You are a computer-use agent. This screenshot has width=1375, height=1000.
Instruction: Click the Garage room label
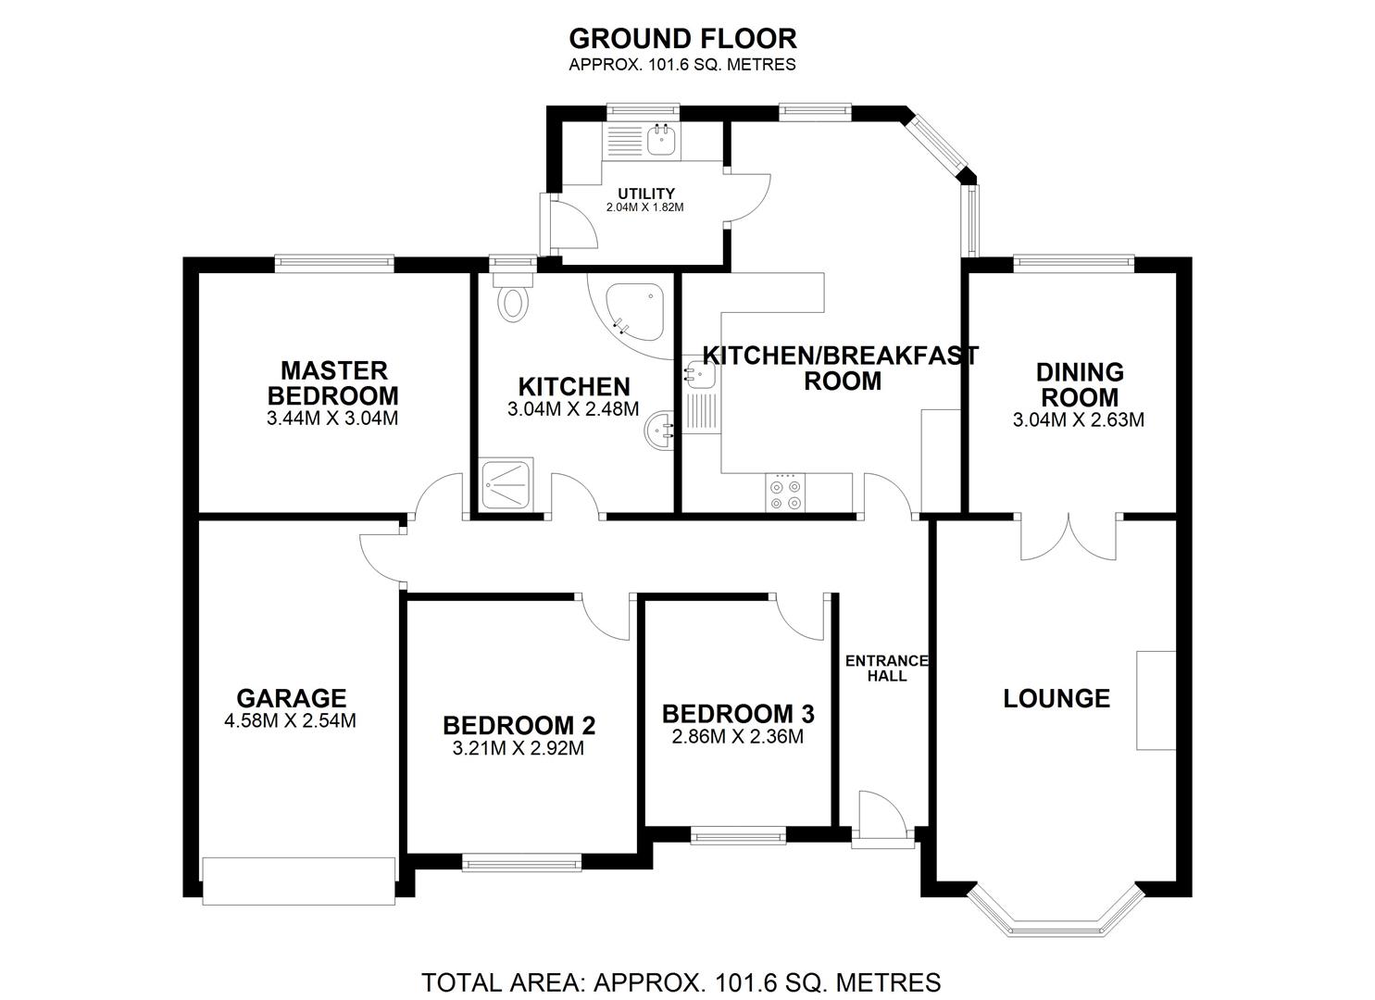291,697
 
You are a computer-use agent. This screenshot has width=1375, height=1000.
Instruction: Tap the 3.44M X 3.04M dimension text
332,419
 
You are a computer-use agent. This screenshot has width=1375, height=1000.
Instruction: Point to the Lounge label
1056,698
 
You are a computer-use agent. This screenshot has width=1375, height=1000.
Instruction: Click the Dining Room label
1080,384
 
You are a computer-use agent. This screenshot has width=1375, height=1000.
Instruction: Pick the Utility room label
646,194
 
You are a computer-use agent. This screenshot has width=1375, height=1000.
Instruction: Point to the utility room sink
661,141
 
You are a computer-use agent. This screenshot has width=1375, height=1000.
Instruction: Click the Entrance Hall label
886,668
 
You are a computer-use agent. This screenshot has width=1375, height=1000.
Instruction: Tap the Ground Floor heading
682,39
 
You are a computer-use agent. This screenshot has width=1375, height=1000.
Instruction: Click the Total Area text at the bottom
681,981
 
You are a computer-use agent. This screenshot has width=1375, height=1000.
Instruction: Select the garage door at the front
299,881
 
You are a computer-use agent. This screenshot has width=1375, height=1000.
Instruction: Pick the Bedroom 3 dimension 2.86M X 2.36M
737,737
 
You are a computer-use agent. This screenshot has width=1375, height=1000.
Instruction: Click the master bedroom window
335,263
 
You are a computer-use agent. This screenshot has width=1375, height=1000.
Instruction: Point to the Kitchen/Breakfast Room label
841,368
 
